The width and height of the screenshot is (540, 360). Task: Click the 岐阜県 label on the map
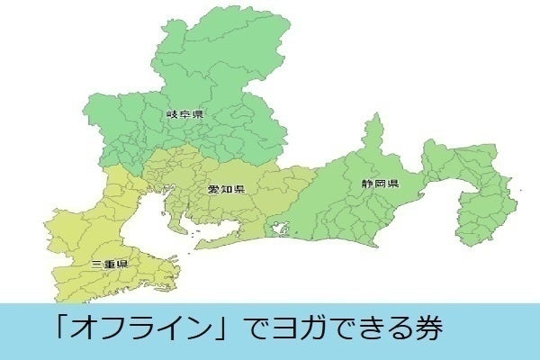[x=185, y=114]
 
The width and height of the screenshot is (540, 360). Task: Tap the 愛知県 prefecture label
[x=226, y=189]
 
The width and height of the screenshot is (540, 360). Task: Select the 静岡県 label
[x=382, y=184]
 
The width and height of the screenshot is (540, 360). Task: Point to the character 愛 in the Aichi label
[x=214, y=189]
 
